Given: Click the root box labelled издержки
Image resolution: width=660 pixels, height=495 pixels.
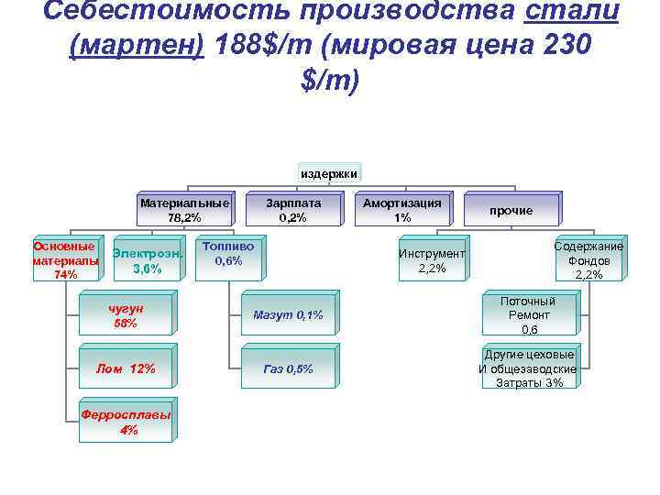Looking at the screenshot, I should pyautogui.click(x=329, y=172).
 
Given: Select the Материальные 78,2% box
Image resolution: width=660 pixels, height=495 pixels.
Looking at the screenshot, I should pyautogui.click(x=184, y=210).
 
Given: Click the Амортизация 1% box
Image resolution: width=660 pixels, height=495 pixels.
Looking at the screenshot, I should pyautogui.click(x=401, y=210).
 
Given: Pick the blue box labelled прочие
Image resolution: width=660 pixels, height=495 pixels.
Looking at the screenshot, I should pyautogui.click(x=511, y=210).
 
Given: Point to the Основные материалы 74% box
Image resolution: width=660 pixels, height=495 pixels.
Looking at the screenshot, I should pyautogui.click(x=65, y=260).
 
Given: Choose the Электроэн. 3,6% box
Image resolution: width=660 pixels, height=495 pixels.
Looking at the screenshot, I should pyautogui.click(x=147, y=261).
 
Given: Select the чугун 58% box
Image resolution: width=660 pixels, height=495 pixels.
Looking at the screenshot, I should pyautogui.click(x=125, y=315).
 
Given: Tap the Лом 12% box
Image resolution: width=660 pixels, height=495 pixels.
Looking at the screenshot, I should pyautogui.click(x=125, y=368).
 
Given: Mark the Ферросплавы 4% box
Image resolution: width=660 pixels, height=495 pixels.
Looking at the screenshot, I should pyautogui.click(x=125, y=422).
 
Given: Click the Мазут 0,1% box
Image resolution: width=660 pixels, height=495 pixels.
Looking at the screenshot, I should pyautogui.click(x=288, y=315).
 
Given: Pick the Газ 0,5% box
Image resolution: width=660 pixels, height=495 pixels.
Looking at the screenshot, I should pyautogui.click(x=288, y=368).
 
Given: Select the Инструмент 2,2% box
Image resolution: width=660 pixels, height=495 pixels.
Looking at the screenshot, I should pyautogui.click(x=431, y=260).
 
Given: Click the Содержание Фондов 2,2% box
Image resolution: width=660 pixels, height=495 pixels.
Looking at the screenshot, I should pyautogui.click(x=588, y=260).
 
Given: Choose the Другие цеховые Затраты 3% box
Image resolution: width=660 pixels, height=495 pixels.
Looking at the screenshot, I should pyautogui.click(x=529, y=368).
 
